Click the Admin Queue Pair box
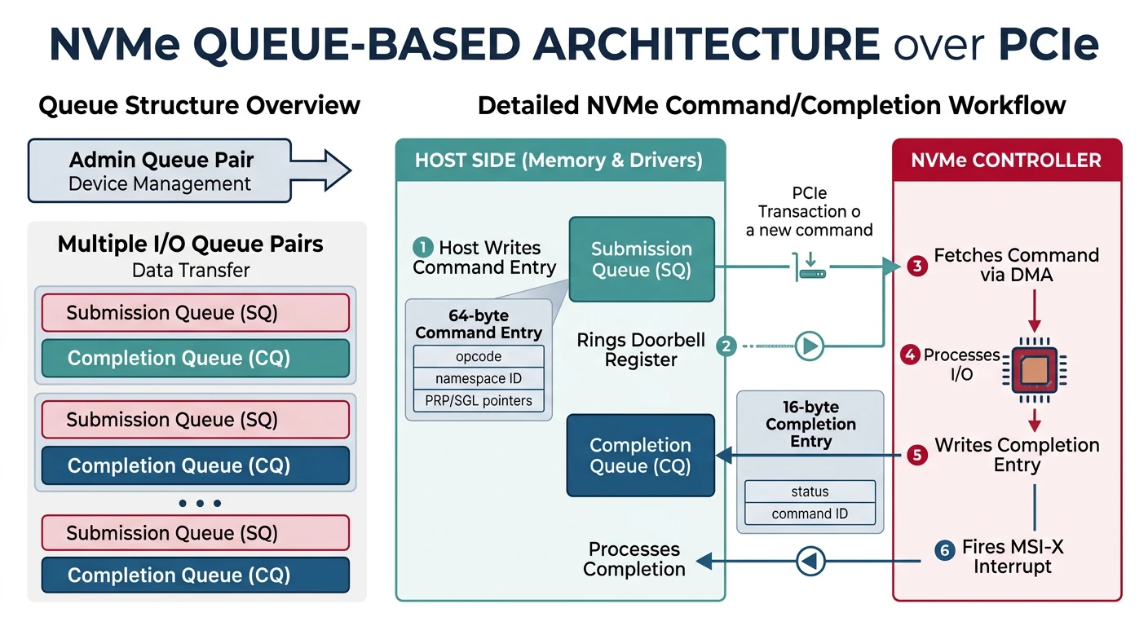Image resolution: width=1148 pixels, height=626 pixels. pos(160,170)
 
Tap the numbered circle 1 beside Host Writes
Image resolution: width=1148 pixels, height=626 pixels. pos(422,247)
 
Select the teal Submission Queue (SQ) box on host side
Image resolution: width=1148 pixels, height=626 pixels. pos(642,259)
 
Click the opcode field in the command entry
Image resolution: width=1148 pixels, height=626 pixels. pos(479,357)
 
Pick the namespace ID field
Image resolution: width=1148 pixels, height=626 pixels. pos(479,378)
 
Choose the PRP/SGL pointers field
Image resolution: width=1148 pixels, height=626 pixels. pos(479,400)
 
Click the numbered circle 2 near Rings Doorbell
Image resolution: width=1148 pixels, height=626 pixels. pos(726,346)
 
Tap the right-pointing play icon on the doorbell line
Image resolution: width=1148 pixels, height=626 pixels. pos(809,346)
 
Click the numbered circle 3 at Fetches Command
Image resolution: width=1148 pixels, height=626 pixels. pos(917,266)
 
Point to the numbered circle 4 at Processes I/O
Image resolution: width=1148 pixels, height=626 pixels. pos(910,355)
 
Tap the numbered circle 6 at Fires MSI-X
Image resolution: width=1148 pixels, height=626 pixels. pos(944,551)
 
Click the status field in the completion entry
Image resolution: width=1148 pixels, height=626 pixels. pos(810,492)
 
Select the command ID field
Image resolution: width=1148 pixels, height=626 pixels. pos(810,514)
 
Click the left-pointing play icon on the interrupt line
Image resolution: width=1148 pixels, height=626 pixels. pos(810,561)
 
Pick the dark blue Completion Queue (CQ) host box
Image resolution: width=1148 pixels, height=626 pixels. pos(640,456)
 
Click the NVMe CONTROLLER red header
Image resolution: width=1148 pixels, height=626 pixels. pos(1007,161)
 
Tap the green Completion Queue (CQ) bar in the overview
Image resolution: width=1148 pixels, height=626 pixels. pos(195,358)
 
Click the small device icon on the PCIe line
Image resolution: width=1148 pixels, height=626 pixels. pos(810,271)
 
